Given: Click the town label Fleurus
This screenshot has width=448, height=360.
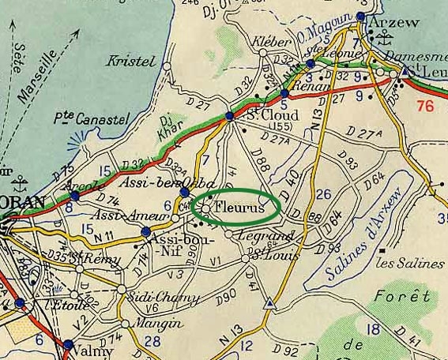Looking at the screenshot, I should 240,206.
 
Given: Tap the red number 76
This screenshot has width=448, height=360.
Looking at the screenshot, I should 426,107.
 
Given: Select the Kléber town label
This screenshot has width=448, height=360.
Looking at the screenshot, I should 266,41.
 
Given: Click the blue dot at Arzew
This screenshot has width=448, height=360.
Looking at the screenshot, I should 361,17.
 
